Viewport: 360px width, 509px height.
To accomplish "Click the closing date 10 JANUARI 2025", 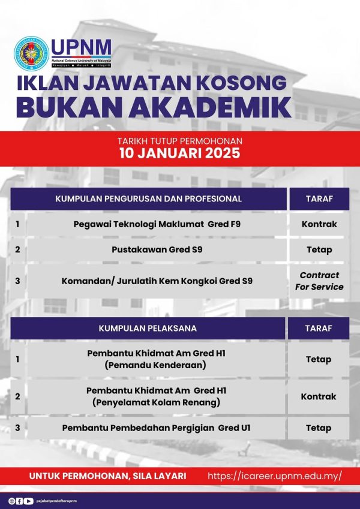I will [x=180, y=153].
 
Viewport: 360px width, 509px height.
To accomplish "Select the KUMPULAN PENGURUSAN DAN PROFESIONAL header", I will [x=149, y=198].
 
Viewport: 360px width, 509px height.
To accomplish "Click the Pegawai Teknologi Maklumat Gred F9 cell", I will [x=157, y=224].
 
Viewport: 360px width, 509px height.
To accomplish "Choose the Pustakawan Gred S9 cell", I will [x=157, y=249].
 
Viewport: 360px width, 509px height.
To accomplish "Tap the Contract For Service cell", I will [x=319, y=281].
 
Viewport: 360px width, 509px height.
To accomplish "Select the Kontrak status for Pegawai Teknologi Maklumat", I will [x=319, y=224].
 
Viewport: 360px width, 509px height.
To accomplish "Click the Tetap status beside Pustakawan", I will [x=319, y=249].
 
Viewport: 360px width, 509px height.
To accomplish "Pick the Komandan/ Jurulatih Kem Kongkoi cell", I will [x=157, y=281].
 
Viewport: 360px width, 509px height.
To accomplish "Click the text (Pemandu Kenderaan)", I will [x=155, y=365].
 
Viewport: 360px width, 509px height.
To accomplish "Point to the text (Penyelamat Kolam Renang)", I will [x=155, y=402].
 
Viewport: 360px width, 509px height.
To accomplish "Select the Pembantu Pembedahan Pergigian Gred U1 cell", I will [x=156, y=427].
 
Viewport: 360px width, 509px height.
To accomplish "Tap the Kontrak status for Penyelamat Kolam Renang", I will [x=319, y=396].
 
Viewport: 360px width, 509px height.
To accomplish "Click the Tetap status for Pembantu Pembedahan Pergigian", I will [x=319, y=427].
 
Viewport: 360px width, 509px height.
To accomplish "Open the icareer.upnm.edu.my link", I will [x=275, y=475].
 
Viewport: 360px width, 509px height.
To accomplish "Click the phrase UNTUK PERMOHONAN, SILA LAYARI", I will [x=107, y=476].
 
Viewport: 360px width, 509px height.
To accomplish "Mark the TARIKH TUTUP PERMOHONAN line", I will [x=180, y=141].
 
